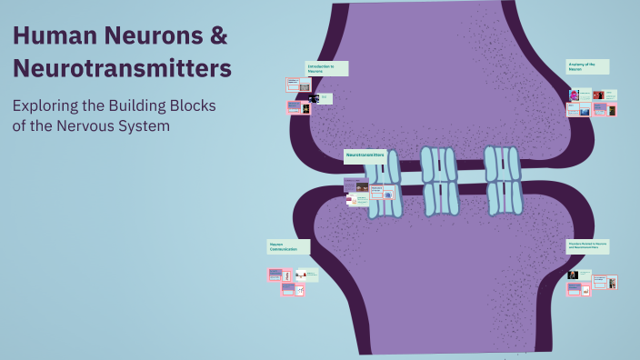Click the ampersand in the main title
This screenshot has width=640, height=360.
click(x=219, y=37)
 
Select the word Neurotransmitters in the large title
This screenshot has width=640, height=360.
click(x=122, y=68)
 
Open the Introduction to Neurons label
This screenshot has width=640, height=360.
click(x=326, y=68)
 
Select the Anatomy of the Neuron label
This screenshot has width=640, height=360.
click(x=587, y=66)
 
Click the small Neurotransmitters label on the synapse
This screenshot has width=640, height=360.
click(x=365, y=156)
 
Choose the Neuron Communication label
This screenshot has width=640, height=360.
click(x=288, y=246)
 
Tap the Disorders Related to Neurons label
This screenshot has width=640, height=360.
click(x=587, y=246)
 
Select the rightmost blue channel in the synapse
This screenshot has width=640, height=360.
click(x=503, y=179)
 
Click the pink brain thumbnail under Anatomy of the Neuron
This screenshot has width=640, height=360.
click(x=575, y=95)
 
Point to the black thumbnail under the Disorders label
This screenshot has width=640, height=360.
click(x=573, y=275)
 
